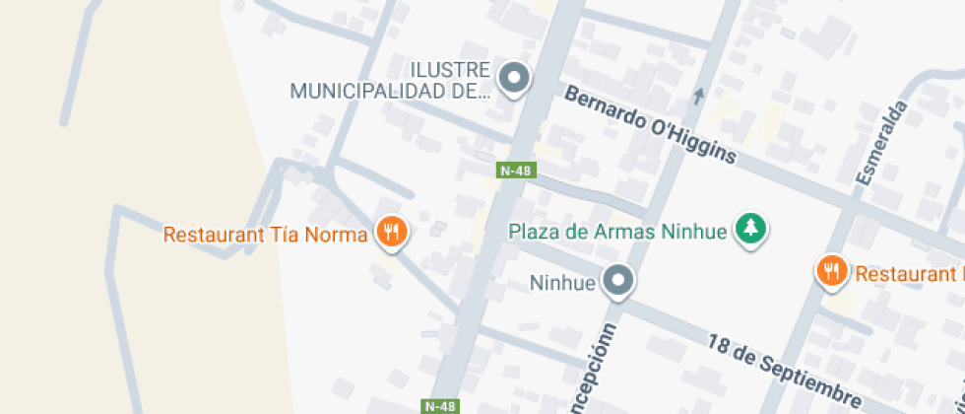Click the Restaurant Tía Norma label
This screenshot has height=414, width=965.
(266, 235)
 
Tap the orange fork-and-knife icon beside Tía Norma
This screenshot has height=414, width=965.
(392, 233)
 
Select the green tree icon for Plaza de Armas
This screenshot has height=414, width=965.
(751, 230)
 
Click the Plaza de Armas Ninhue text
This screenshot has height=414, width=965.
(617, 233)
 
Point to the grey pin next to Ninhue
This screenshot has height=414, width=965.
(618, 282)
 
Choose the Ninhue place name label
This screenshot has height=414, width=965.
(563, 284)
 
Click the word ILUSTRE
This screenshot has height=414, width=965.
(450, 70)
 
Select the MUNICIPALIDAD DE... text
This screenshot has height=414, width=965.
(390, 93)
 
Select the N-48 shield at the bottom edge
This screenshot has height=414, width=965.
(439, 406)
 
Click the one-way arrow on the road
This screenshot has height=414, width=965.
(699, 96)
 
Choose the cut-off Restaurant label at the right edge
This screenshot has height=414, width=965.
(908, 274)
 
